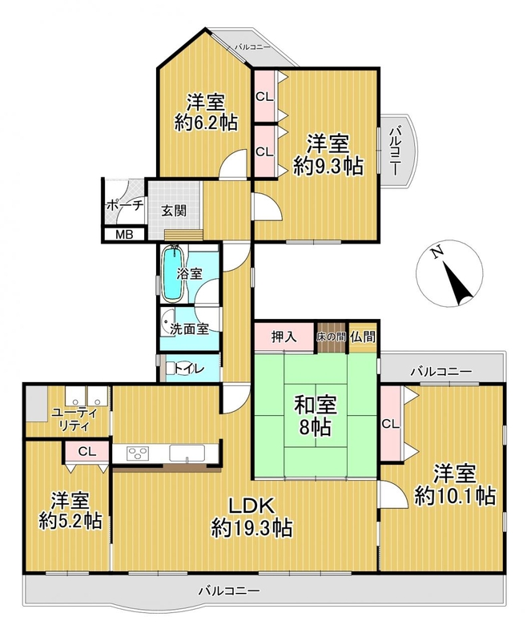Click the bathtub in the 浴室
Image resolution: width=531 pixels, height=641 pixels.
coord(174,273)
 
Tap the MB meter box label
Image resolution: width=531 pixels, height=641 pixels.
coord(123,235)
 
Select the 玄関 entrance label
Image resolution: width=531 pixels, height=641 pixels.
coord(174,211)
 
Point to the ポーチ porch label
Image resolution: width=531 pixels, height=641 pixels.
coord(125,206)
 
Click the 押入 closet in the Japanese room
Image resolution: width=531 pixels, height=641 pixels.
coord(284,337)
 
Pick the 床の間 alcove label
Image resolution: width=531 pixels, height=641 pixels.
coord(331,337)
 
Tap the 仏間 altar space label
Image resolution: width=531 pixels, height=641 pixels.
coord(363,337)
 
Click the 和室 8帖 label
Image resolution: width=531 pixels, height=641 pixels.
coord(316,415)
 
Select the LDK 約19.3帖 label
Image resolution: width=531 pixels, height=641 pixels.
coord(251,518)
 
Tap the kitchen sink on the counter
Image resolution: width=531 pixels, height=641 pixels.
coord(187,454)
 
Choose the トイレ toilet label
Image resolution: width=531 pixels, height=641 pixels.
coord(189,369)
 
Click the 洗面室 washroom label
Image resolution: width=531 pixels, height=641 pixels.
coord(189,329)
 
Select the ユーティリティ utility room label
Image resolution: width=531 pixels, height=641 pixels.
coord(74,419)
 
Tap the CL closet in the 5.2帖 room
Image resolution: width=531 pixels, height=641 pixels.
coord(87,451)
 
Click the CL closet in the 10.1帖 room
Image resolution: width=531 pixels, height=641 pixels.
coord(390,424)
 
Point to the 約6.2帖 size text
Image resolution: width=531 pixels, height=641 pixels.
coord(206,123)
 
